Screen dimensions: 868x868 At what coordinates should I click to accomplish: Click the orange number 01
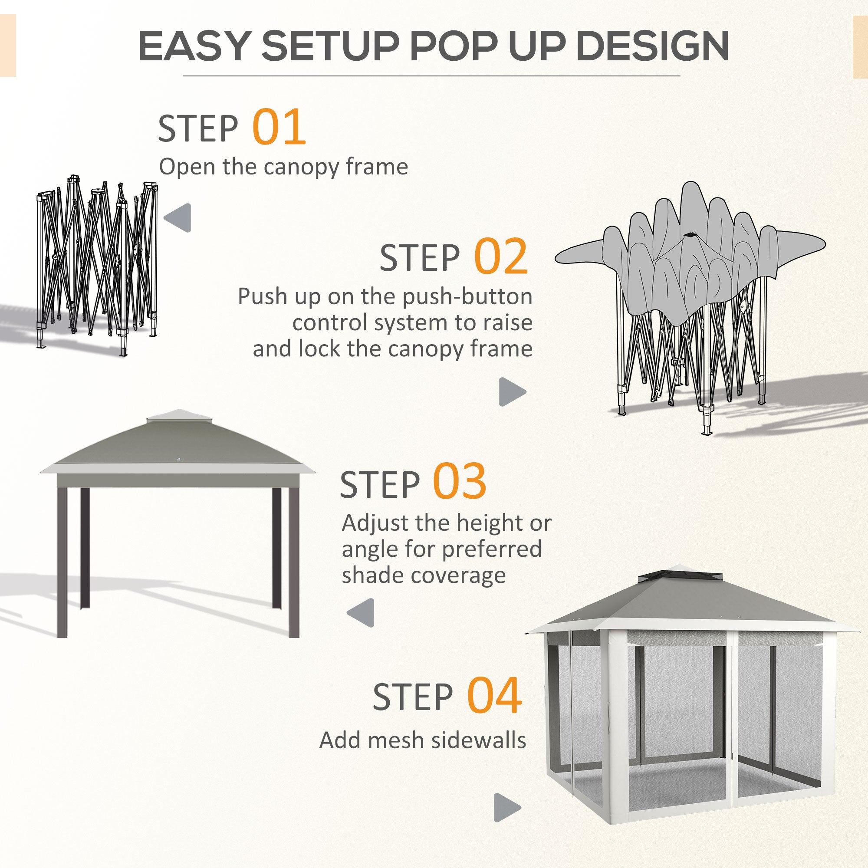pos(279,127)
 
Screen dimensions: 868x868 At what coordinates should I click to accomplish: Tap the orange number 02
pos(500,256)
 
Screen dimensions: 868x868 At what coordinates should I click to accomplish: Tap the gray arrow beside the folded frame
pos(178,218)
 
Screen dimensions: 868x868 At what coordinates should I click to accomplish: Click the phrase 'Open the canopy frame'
pos(283,167)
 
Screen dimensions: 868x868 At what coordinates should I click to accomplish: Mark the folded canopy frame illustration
pos(98,265)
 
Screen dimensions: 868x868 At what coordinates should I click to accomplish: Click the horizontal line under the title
pos(431,76)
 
